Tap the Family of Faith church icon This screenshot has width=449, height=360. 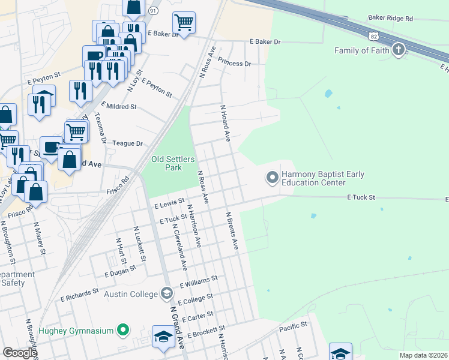pos(398,50)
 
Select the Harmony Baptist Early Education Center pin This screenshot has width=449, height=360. pos(272,177)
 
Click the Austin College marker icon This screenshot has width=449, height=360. pos(167,293)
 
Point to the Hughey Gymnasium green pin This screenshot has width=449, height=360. pos(124,329)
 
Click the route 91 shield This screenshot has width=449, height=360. pos(153,11)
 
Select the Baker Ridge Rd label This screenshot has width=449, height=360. pos(391,19)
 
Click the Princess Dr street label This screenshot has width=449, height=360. pos(234,63)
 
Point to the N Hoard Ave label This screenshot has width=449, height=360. pos(225,124)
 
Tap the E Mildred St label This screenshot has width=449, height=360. pos(119,106)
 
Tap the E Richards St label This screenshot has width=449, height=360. pos(79,294)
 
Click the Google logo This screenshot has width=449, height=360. pos(20,353)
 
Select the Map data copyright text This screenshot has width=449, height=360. pos(423,355)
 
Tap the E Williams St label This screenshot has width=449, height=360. pos(198,282)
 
